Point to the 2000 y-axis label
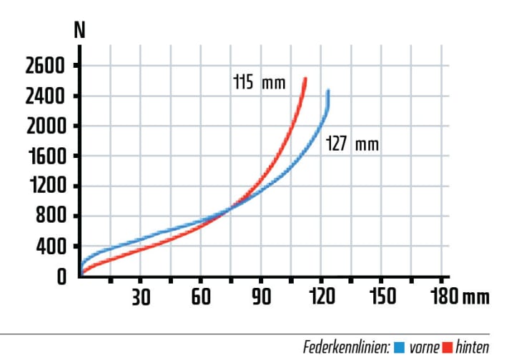click(x=45, y=126)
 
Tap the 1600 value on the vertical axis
click(x=45, y=156)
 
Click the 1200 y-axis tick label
click(x=45, y=186)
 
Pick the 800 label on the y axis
click(x=51, y=216)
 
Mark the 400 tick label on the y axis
click(x=51, y=246)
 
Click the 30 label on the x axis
click(x=140, y=296)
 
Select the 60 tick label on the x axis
click(x=201, y=296)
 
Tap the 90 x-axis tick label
click(x=261, y=296)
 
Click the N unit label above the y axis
click(x=80, y=32)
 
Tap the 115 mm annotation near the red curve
click(x=259, y=82)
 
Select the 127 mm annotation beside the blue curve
click(x=352, y=144)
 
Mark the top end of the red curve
click(x=305, y=79)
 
